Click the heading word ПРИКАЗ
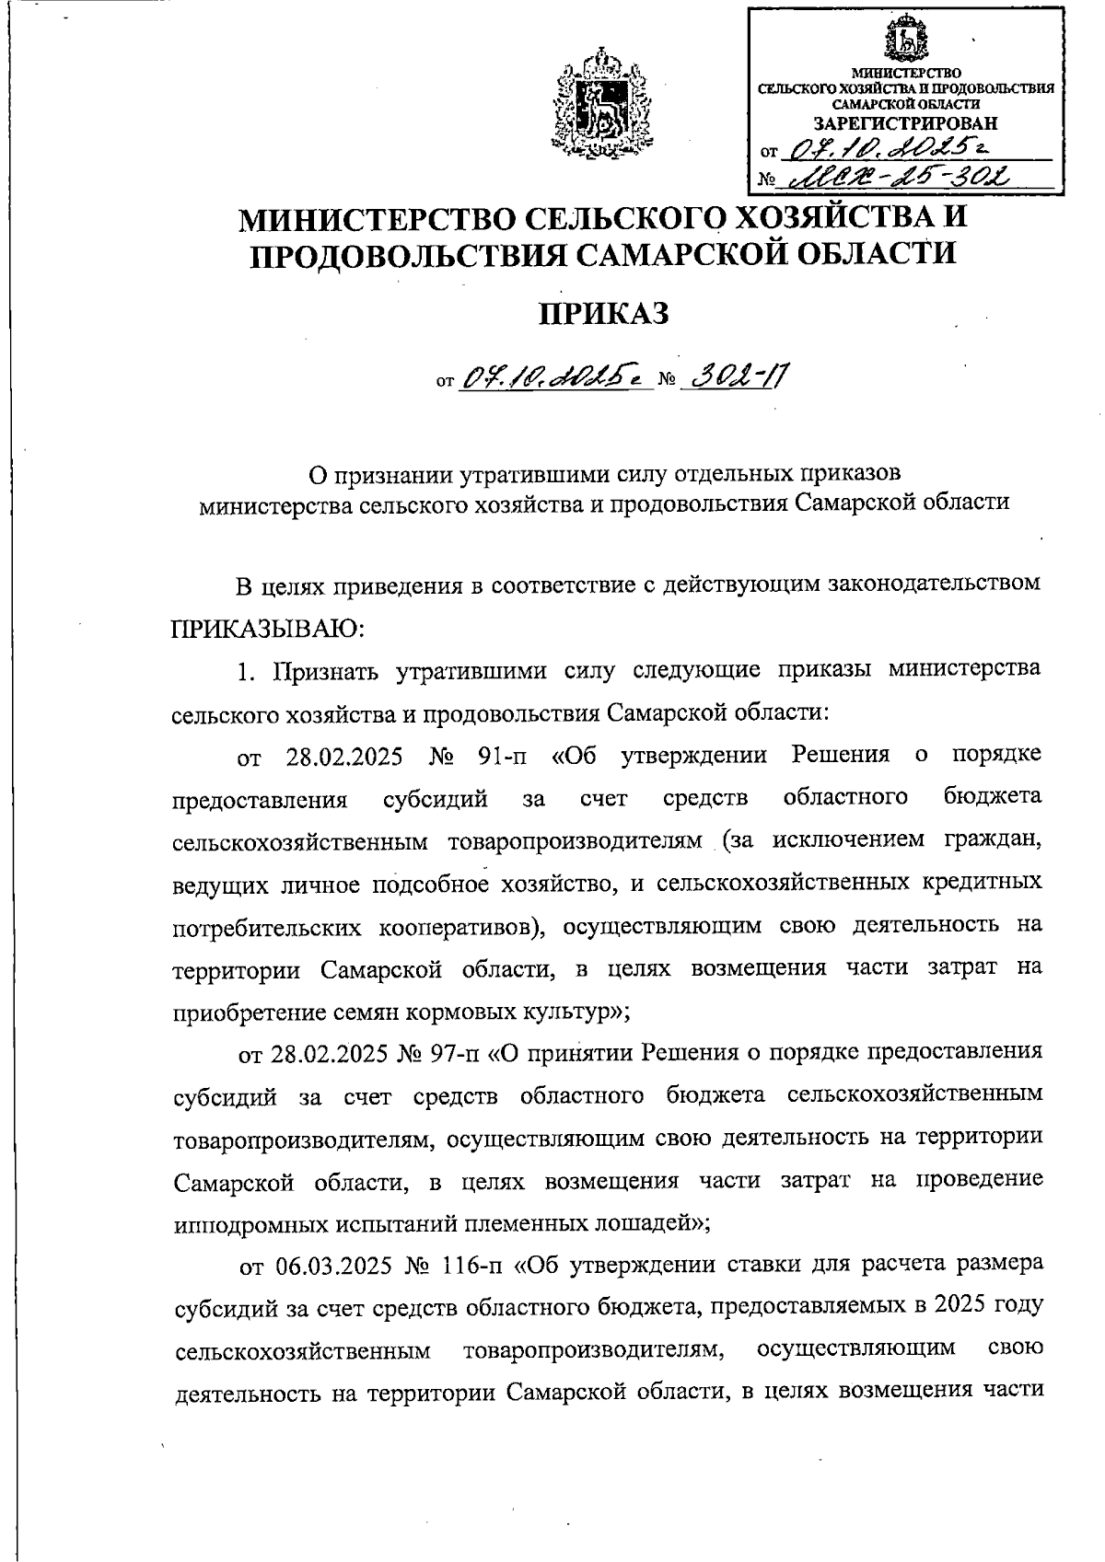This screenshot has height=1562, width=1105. [603, 313]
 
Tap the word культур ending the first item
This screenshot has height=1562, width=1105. [570, 1012]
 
